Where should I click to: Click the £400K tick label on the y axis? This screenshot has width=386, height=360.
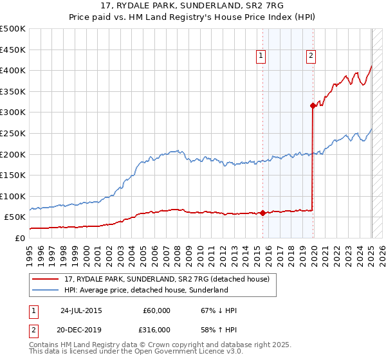click(x=13, y=71)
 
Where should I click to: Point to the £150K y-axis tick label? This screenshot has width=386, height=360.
click(x=13, y=175)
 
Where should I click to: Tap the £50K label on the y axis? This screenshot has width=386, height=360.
click(x=15, y=217)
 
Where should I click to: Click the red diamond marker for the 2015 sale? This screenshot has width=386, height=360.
click(x=263, y=213)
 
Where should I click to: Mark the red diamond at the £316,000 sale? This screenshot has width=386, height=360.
click(x=313, y=105)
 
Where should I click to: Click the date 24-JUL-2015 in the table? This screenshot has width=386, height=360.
click(x=80, y=310)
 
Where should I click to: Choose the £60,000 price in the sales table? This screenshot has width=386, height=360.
click(x=156, y=310)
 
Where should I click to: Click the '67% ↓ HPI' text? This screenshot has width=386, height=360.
click(x=219, y=310)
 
